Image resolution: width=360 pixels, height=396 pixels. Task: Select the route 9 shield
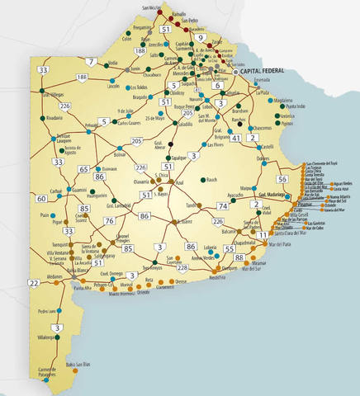[200, 38]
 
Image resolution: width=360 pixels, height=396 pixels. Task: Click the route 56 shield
[282, 179]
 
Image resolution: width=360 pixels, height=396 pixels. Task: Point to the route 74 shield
[222, 205]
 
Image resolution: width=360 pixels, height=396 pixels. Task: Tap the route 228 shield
[182, 268]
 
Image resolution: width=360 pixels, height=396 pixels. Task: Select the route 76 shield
[109, 220]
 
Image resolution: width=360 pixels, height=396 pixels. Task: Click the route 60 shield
[41, 198]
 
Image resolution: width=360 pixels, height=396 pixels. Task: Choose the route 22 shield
[33, 284]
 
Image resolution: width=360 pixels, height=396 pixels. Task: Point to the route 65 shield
[83, 169]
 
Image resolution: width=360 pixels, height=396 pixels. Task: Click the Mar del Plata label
[265, 245]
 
